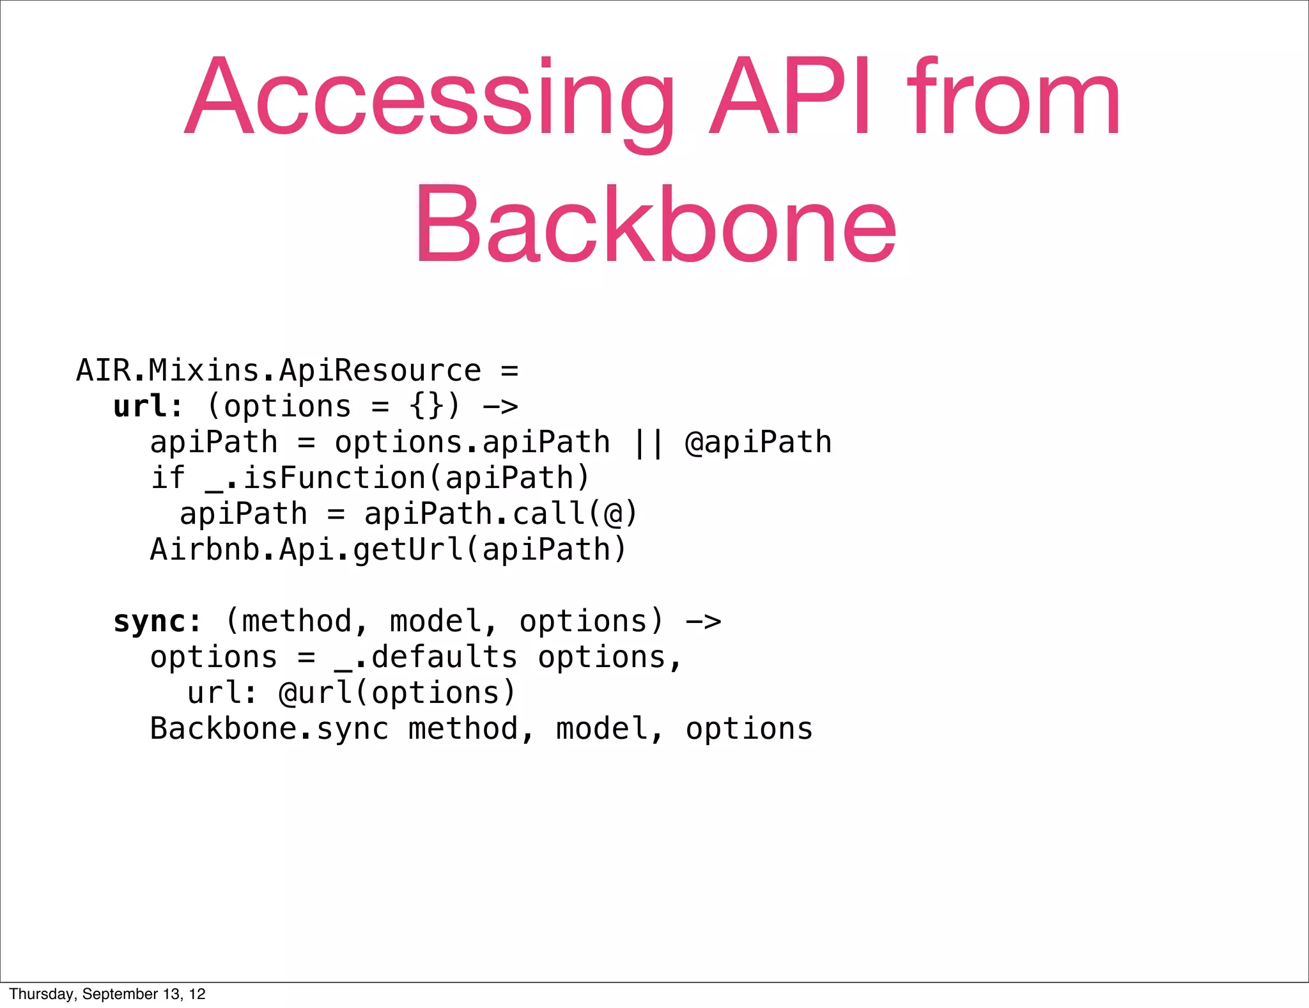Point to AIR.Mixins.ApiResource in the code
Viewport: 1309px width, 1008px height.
pos(279,371)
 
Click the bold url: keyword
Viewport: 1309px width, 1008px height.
pos(148,407)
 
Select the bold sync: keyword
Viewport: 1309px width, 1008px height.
pos(157,622)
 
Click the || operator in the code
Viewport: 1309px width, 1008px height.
pos(647,443)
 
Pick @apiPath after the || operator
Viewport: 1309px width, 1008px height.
pos(758,443)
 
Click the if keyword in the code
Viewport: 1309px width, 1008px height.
pos(167,478)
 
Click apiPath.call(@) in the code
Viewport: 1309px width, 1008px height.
pos(500,514)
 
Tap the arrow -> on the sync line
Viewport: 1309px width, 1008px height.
pos(703,622)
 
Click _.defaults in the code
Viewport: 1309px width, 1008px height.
pos(426,658)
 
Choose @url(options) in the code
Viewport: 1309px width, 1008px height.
pos(397,693)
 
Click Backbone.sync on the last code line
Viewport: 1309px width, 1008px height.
pos(269,729)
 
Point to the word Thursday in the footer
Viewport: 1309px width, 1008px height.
pos(42,994)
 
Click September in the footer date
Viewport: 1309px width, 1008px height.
pos(120,994)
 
